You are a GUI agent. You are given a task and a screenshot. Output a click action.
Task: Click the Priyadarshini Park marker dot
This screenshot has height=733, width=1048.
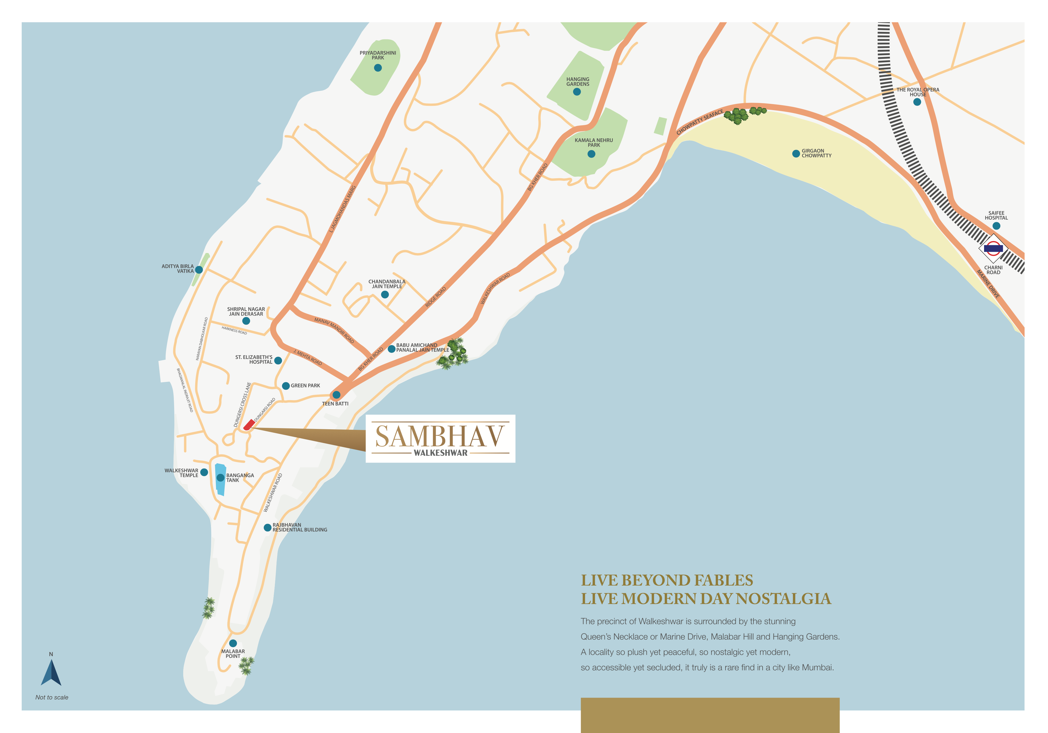pyautogui.click(x=378, y=68)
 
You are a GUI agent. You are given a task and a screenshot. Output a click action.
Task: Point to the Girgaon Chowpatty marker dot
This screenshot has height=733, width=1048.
pyautogui.click(x=796, y=154)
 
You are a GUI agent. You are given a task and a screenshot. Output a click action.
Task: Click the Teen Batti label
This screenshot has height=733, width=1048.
pyautogui.click(x=335, y=404)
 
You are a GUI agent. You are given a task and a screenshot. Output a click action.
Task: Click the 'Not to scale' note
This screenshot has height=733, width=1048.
pyautogui.click(x=52, y=697)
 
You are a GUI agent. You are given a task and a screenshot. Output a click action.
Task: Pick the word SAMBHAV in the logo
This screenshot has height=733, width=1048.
pyautogui.click(x=440, y=436)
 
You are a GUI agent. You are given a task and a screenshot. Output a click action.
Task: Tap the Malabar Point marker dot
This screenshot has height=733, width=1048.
pyautogui.click(x=233, y=643)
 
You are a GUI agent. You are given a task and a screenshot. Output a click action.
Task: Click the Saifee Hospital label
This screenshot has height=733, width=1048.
pyautogui.click(x=996, y=215)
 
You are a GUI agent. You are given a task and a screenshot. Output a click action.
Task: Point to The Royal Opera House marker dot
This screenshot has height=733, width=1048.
pyautogui.click(x=917, y=102)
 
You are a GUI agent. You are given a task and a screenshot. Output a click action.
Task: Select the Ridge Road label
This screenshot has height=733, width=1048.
pyautogui.click(x=436, y=297)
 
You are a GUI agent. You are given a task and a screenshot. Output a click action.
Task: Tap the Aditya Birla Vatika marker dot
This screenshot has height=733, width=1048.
pyautogui.click(x=199, y=270)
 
